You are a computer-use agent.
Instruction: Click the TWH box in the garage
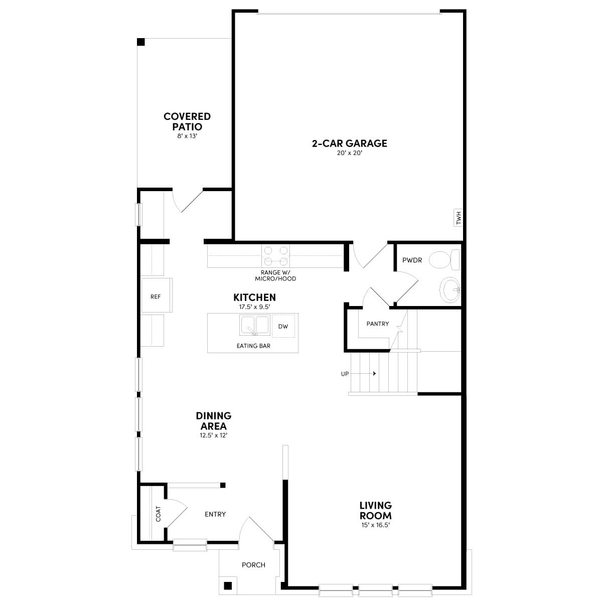click(458, 218)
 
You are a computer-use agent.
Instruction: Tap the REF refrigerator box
click(156, 296)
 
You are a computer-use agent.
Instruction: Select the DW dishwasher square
click(283, 327)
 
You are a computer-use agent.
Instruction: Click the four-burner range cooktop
click(276, 255)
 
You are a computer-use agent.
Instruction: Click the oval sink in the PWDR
click(450, 289)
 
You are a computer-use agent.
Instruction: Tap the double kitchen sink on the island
click(255, 325)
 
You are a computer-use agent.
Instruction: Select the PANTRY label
click(377, 324)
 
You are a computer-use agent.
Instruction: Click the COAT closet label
click(159, 514)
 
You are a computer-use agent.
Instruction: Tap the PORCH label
click(253, 565)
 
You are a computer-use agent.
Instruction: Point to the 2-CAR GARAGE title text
click(349, 143)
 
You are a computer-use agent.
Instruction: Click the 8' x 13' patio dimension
click(187, 136)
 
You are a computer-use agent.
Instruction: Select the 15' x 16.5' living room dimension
click(375, 525)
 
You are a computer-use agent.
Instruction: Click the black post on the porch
click(228, 585)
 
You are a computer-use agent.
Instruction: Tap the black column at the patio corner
click(141, 42)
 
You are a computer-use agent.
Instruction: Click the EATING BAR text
click(253, 346)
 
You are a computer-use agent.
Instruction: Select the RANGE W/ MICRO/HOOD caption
click(275, 275)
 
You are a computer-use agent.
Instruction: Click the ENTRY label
click(215, 514)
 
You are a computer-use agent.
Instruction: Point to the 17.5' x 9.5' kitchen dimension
click(254, 307)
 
